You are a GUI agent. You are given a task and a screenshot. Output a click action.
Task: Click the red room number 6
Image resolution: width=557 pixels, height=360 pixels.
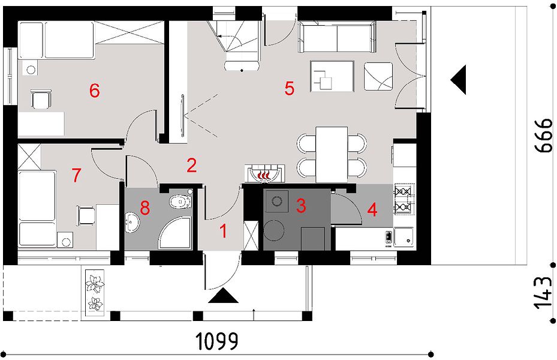tap(95, 90)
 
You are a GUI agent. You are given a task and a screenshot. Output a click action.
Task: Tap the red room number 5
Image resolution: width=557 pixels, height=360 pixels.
tap(290, 88)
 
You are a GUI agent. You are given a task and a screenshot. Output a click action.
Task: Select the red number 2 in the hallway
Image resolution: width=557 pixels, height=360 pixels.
tap(191, 165)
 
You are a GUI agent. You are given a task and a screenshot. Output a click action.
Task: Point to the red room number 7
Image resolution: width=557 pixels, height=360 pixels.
tap(76, 175)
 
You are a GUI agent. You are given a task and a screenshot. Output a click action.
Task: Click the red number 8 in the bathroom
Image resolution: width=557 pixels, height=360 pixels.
tap(145, 208)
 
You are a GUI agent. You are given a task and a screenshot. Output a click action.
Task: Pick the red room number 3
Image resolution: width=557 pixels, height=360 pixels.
tap(301, 206)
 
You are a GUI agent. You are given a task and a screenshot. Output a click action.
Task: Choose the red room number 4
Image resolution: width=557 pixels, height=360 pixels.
tap(372, 209)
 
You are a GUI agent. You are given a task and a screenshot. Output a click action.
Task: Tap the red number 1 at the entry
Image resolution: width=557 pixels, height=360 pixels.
tap(224, 232)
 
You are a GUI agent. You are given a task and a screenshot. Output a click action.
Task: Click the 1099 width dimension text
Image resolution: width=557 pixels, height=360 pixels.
tap(216, 341)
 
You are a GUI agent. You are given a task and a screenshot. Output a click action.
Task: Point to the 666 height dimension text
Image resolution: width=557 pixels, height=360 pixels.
tap(544, 136)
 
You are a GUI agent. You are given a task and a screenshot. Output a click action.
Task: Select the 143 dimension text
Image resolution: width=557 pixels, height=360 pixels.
tap(544, 293)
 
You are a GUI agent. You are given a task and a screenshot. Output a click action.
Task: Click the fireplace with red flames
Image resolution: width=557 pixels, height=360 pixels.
tap(264, 173)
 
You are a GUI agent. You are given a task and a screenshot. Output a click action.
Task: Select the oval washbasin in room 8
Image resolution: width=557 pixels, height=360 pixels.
tap(133, 223)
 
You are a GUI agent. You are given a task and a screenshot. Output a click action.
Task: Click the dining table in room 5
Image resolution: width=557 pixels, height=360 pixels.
tap(332, 154)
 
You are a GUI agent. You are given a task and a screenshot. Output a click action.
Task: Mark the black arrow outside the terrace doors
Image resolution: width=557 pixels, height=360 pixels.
tap(458, 80)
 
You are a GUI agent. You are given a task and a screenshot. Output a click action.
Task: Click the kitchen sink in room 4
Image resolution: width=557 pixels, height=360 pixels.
tap(403, 237)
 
